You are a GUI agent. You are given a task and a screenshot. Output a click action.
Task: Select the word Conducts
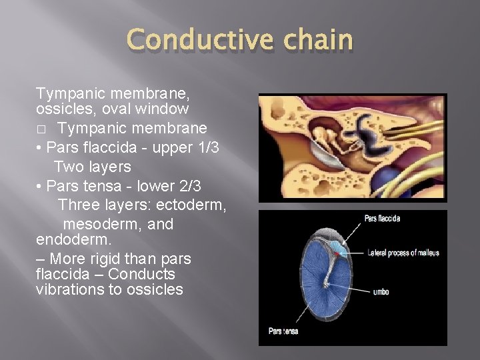point(143,274)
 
